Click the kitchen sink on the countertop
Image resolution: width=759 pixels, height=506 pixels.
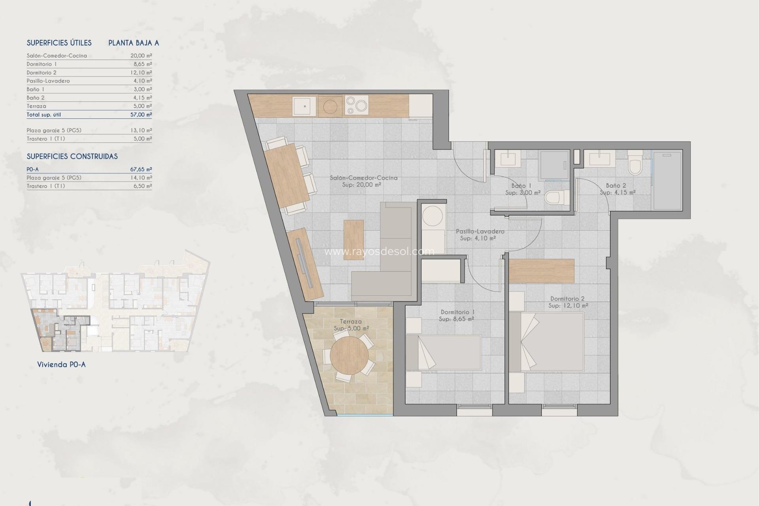(x=304, y=106)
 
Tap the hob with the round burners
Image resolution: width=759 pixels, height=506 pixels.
(x=357, y=105)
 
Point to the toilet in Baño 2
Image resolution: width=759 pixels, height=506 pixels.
(x=635, y=165)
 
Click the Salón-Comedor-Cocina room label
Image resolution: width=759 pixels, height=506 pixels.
(x=363, y=178)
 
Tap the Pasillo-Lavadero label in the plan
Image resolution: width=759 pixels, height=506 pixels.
(x=480, y=231)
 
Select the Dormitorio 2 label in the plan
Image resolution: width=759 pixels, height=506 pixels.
(x=567, y=299)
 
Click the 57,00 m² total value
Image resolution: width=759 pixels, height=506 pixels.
(x=141, y=115)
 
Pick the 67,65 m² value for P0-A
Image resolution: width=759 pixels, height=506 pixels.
(x=141, y=169)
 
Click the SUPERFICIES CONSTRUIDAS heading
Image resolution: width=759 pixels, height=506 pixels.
(x=72, y=157)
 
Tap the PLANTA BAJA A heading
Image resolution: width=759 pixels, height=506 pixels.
(x=134, y=43)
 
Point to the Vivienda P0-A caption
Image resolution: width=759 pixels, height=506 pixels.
(x=61, y=364)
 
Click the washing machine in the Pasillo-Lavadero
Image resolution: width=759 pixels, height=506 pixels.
(x=433, y=216)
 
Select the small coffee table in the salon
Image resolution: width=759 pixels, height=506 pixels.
(x=353, y=240)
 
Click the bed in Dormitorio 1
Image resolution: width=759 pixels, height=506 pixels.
(x=444, y=352)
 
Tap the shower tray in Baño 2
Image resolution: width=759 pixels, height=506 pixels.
(x=667, y=181)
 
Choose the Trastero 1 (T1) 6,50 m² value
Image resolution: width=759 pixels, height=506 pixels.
(x=142, y=186)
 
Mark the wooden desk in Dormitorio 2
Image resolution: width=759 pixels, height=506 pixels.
(x=541, y=271)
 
